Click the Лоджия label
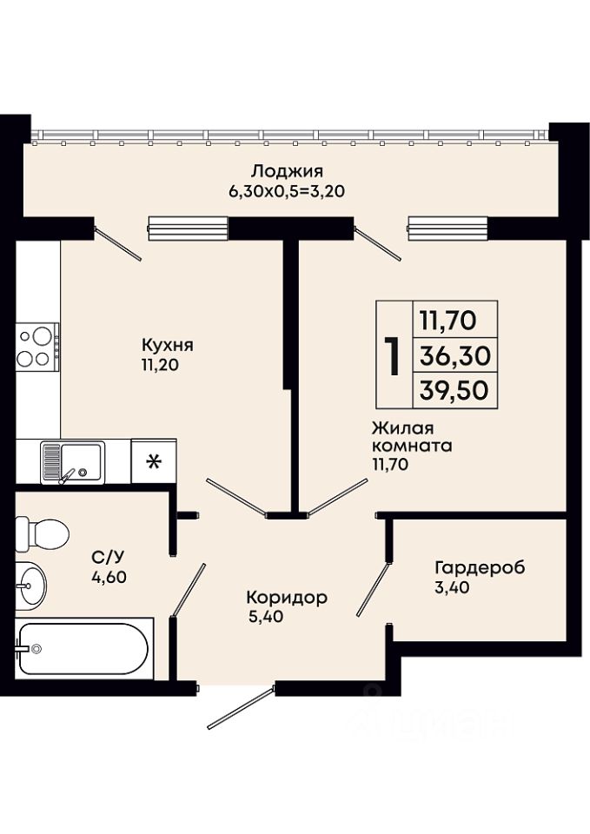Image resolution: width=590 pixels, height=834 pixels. [288, 172]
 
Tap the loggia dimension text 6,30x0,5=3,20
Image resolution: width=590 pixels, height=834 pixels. [288, 191]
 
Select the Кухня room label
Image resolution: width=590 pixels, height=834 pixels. [168, 345]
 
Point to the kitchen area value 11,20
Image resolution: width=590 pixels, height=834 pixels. [159, 364]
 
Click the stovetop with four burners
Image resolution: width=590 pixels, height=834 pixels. [37, 347]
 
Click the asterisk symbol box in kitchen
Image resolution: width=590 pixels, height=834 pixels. [153, 461]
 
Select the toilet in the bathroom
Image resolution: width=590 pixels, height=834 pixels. [42, 533]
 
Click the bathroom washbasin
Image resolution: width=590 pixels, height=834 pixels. [31, 586]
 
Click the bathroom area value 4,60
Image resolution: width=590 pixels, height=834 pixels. [109, 577]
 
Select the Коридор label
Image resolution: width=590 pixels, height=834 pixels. [287, 598]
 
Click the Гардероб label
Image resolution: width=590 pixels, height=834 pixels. [480, 567]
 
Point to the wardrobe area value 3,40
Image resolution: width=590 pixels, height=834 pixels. [452, 588]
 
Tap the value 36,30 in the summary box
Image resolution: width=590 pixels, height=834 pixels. [454, 355]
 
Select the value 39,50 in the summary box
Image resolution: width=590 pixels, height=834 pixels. [454, 390]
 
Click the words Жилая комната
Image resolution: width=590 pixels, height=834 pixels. [412, 436]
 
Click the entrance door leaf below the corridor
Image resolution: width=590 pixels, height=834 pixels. [241, 708]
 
